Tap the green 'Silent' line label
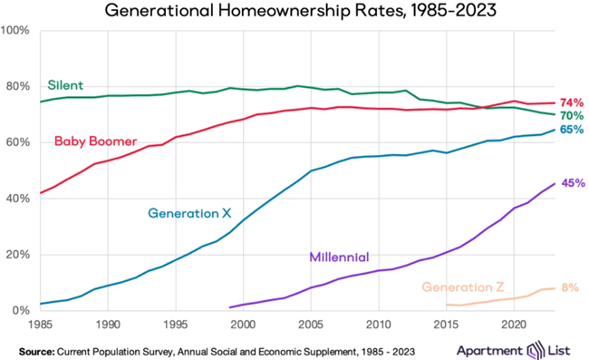(x=64, y=85)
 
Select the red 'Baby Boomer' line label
(x=95, y=141)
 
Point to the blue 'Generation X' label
(x=189, y=214)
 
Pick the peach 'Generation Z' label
(x=462, y=287)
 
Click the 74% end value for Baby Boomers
(x=572, y=102)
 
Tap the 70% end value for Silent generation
(x=572, y=116)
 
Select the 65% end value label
(x=572, y=131)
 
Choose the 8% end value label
(x=570, y=288)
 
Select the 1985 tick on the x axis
(x=40, y=323)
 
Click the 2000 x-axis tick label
(x=243, y=323)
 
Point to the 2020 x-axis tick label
(x=514, y=323)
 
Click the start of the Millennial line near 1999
(x=230, y=307)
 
